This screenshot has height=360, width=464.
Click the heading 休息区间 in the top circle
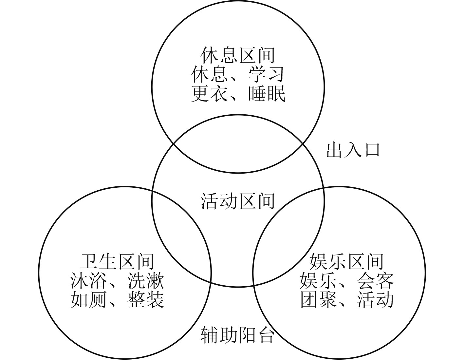click(238, 55)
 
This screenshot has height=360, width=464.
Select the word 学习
click(266, 75)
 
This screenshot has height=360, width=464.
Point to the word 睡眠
click(267, 94)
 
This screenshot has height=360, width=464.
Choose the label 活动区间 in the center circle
click(238, 201)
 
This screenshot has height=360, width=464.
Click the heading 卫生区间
click(117, 261)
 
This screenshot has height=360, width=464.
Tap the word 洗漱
click(146, 280)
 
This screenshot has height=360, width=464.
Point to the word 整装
click(146, 299)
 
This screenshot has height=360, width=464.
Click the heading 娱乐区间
click(346, 261)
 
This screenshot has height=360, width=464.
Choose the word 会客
click(375, 280)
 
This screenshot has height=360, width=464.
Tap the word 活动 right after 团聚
click(375, 299)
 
